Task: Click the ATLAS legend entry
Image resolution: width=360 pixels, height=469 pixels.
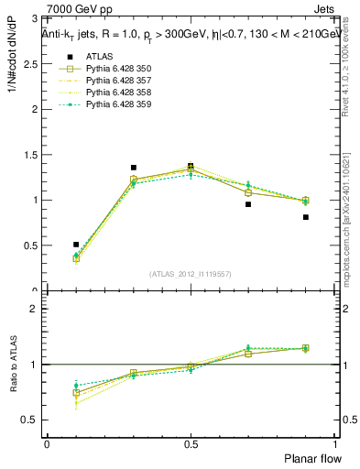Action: (99, 57)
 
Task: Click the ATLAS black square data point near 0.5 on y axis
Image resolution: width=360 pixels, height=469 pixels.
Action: (76, 245)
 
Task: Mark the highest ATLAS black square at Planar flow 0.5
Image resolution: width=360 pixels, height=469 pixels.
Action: (191, 166)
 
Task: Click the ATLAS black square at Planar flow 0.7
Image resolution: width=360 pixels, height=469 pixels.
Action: (247, 204)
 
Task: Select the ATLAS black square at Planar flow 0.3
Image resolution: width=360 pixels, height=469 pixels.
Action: (134, 168)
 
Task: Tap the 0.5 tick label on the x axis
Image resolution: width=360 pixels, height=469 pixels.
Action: (191, 443)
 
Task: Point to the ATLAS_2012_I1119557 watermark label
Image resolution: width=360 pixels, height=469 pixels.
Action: (191, 274)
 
